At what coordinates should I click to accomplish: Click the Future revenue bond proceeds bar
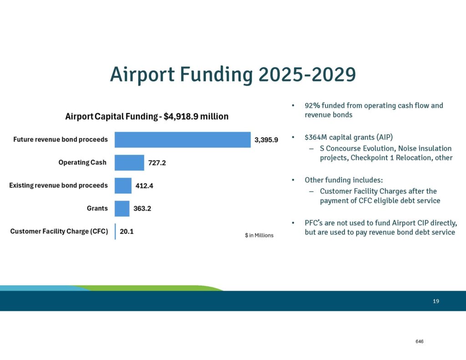pos(182,140)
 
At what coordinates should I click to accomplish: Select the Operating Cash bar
pos(129,162)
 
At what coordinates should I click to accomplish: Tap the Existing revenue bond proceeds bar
pos(123,186)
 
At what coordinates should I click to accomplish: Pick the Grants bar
pos(122,208)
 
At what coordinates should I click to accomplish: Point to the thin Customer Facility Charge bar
pos(115,231)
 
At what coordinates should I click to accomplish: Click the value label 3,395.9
pos(266,140)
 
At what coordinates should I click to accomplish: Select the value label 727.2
pos(157,163)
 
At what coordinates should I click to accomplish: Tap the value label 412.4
pos(144,186)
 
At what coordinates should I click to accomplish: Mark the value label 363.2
pos(142,208)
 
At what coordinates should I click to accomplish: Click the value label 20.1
pos(127,231)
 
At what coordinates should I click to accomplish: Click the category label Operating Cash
pos(82,162)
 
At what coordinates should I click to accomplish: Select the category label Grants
pos(97,208)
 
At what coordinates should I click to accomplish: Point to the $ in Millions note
pos(259,235)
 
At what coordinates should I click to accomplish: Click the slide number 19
pos(436,301)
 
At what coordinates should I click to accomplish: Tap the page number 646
pos(419,341)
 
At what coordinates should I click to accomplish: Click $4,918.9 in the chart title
pos(181,116)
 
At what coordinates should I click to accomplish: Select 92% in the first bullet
pos(312,106)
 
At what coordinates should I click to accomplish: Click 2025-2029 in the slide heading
pos(307,74)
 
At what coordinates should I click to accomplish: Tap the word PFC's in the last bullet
pos(313,223)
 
